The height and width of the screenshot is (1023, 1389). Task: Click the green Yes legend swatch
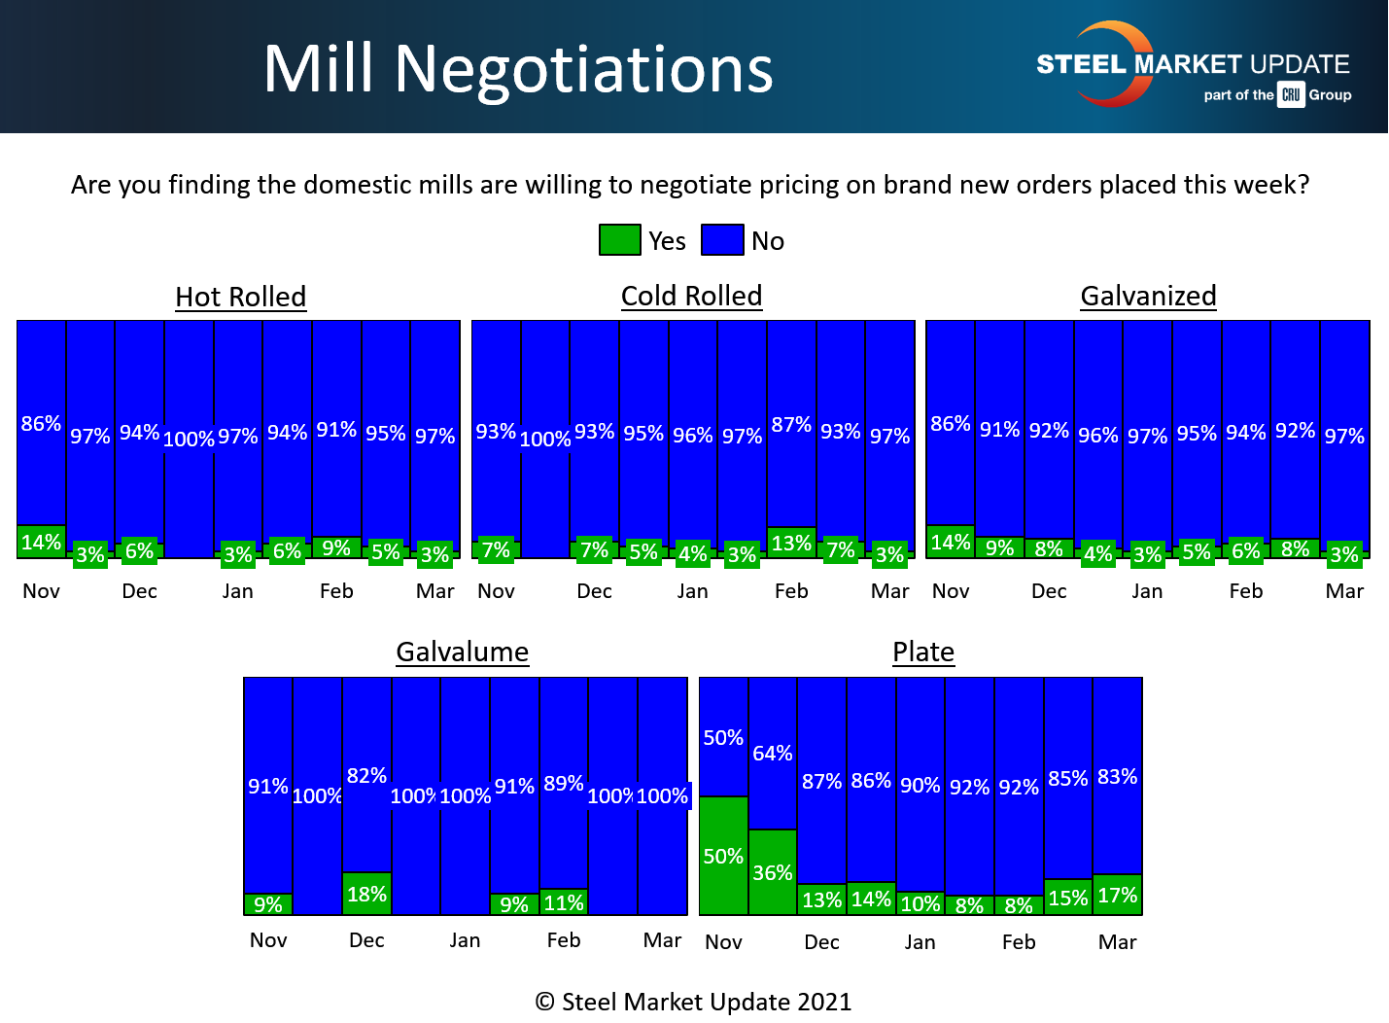coord(619,240)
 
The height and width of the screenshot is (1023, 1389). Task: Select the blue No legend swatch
coord(722,240)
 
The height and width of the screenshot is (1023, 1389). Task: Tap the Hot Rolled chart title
coord(241,297)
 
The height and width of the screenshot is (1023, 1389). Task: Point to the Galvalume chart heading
coord(463,652)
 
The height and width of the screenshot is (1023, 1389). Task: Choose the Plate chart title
coord(923,652)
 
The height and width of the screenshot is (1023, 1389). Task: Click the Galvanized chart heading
coord(1148,296)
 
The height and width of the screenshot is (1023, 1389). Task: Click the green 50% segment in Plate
coord(723,856)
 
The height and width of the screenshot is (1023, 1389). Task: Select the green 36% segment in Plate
coord(773,872)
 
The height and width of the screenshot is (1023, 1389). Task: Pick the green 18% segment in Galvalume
coord(367,894)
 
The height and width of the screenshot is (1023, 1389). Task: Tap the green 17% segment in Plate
coord(1117,895)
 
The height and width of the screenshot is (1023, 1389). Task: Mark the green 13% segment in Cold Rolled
coord(791,543)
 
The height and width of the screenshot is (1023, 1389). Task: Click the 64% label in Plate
coord(773,754)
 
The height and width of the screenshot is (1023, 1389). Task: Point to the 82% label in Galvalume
coord(367,776)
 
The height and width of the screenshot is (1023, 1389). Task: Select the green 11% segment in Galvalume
coord(564,902)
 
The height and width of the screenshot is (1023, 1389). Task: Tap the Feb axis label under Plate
coord(1019,941)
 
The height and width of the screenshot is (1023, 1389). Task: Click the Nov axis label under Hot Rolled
coord(42,591)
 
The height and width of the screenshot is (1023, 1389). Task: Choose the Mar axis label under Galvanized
coord(1344,591)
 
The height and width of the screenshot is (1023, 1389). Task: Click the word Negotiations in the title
coord(583,69)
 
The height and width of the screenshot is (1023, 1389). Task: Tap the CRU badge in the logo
coord(1291,94)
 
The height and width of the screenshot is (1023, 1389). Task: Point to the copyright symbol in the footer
coord(545,1002)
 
